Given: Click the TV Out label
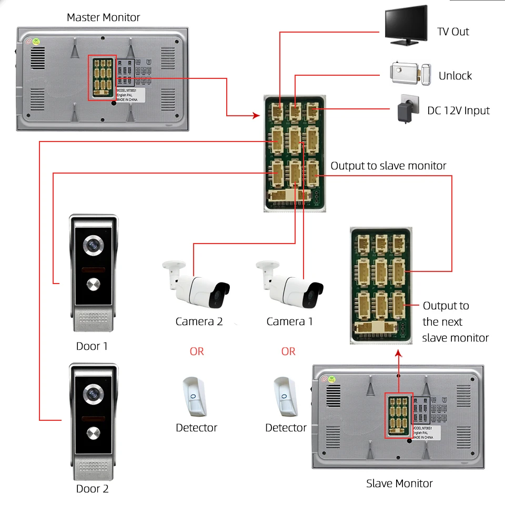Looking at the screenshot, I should [453, 32].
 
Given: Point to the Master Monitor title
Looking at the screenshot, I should [103, 17].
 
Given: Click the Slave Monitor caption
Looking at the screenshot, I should [399, 483].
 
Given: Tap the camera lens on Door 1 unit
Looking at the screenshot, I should [94, 245].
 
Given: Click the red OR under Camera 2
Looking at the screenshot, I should [197, 351].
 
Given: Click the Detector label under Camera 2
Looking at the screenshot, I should [196, 428].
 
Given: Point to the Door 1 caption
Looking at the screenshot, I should [92, 346].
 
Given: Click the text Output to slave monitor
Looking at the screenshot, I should [388, 166].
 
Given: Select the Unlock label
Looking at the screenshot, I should [455, 76].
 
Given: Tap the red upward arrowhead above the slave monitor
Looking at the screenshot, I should [398, 356].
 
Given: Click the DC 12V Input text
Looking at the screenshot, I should [458, 110].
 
